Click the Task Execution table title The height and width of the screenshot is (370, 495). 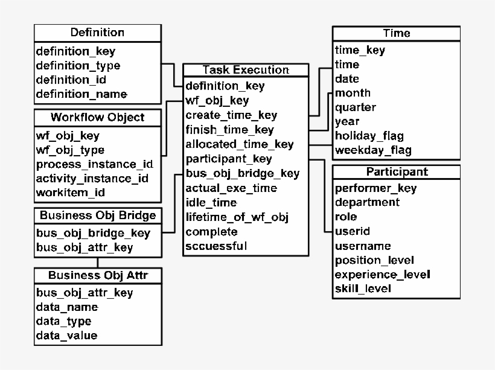coord(246,70)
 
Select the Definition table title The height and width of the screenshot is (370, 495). coord(97,33)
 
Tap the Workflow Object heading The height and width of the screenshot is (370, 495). coord(97,116)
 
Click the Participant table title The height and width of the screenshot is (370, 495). coord(397,171)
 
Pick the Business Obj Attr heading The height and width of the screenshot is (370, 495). coord(97,276)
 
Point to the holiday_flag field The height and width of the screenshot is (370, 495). coord(369,136)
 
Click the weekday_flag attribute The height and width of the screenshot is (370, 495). coord(372,150)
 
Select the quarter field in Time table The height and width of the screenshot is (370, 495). coord(355,107)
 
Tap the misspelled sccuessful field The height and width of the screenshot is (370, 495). coord(216,246)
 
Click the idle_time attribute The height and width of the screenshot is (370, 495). coord(211,203)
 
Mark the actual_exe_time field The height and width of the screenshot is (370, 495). coord(231,188)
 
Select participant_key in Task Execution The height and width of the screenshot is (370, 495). coord(228,159)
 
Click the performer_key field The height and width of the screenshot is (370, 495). coord(375,188)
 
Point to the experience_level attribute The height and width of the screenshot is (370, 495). coord(382,275)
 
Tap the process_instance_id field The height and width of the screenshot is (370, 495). coord(94,164)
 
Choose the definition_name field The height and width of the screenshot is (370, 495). coord(81,94)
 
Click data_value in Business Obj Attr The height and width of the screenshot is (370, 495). coord(66,336)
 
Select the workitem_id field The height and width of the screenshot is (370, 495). coord(71,193)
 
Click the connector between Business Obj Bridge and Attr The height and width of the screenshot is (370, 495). coord(98,262)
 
